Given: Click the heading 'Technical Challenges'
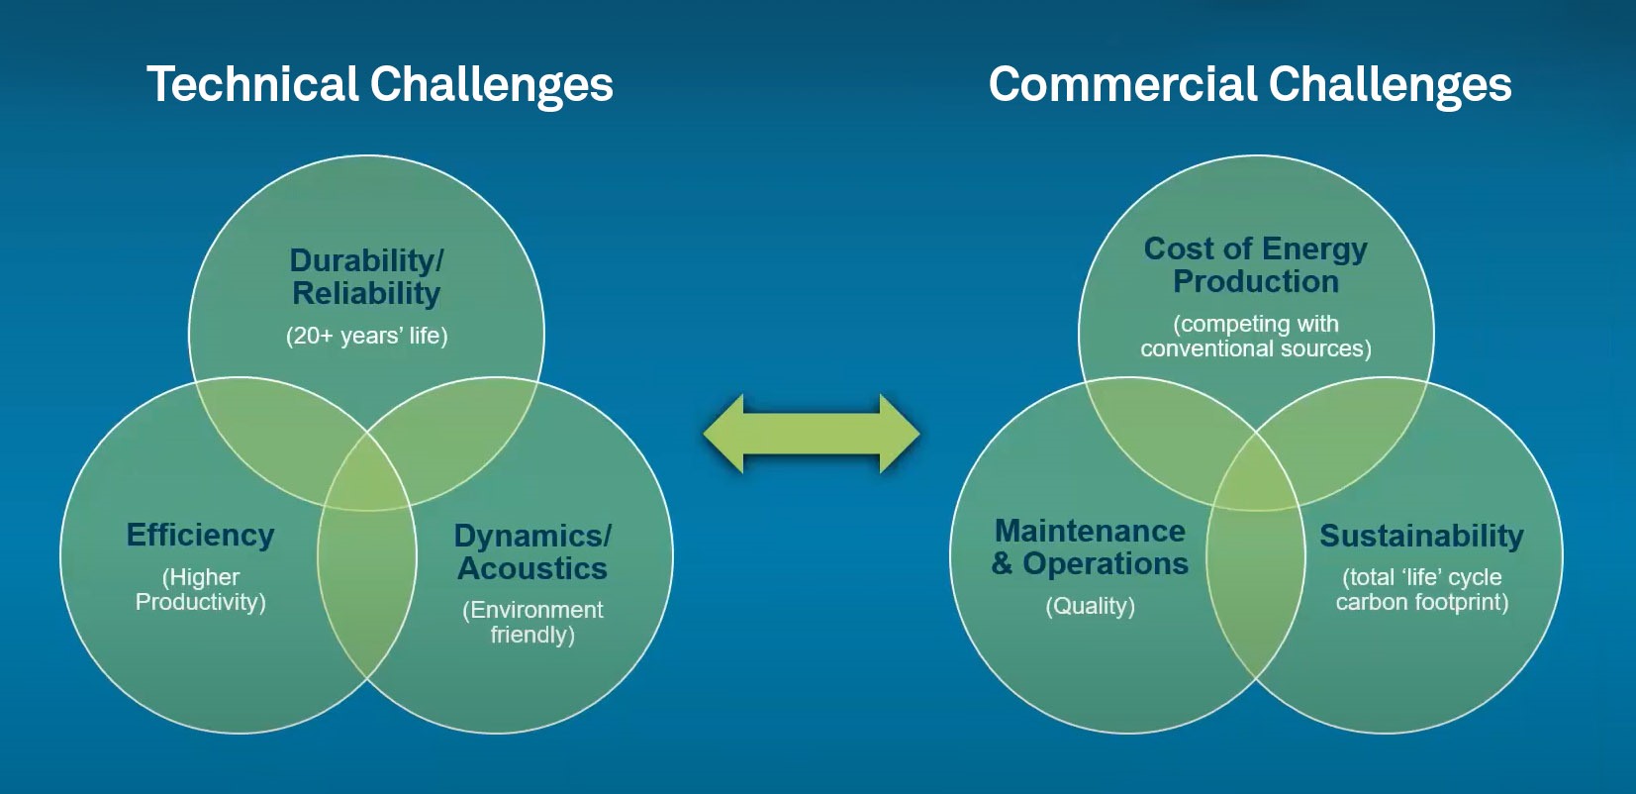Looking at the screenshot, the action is (x=380, y=86).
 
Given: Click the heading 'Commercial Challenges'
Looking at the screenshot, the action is (x=1250, y=86).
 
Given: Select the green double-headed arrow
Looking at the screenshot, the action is (x=812, y=434).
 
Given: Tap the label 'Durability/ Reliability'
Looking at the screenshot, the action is (x=366, y=277).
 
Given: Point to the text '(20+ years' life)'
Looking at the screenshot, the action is (x=366, y=336).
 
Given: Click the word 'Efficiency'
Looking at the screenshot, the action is (x=201, y=536).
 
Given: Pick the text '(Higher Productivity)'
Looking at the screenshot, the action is (x=201, y=589).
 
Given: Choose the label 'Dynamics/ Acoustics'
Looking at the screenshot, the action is (x=532, y=552).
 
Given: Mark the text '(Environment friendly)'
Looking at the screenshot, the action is (x=532, y=622).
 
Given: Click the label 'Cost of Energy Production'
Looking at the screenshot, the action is (x=1256, y=265).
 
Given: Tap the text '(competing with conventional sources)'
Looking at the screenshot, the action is (x=1256, y=336).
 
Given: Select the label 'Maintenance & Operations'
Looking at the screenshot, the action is (x=1090, y=547).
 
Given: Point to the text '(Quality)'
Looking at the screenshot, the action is (x=1091, y=606).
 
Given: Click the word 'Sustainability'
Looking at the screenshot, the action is (x=1421, y=537).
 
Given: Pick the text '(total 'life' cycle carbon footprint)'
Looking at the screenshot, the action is (x=1422, y=589).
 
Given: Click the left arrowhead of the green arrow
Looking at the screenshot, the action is (x=723, y=434).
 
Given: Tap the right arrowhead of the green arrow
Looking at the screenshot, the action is (x=900, y=434).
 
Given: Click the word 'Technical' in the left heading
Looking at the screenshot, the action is (x=252, y=84).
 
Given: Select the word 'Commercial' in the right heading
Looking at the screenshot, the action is (x=1121, y=84).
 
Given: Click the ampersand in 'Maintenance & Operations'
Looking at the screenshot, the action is (x=1002, y=564).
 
